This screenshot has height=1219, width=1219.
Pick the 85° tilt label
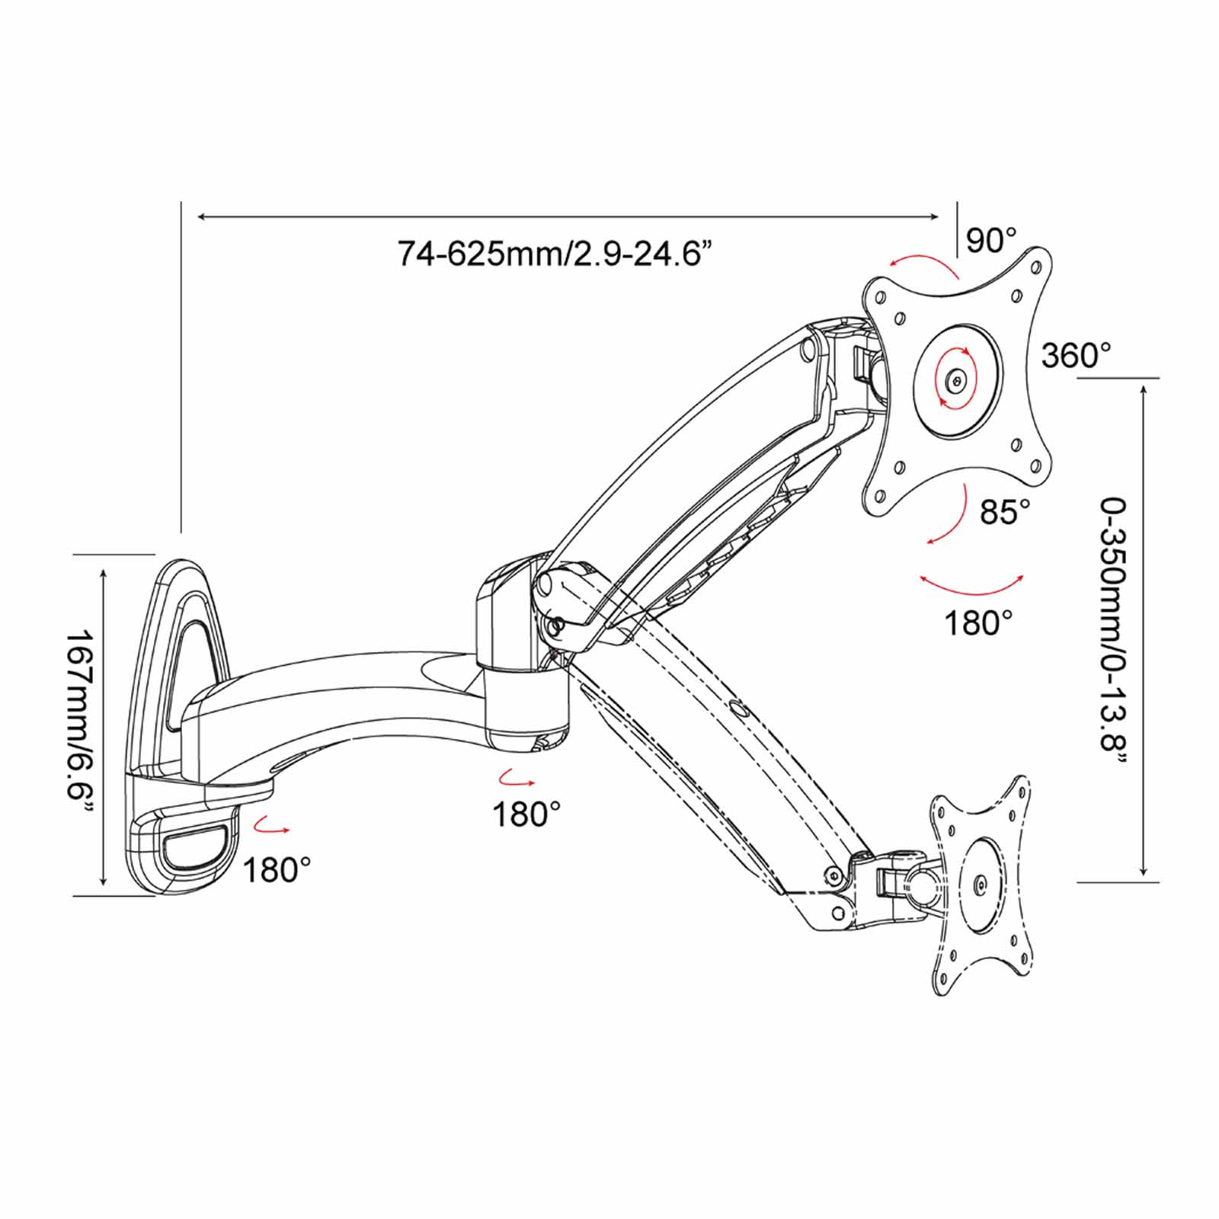pyautogui.click(x=1005, y=512)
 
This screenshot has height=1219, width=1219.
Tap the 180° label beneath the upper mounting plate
pyautogui.click(x=978, y=623)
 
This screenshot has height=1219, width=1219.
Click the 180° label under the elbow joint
pyautogui.click(x=526, y=814)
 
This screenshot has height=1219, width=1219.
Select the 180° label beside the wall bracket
pyautogui.click(x=277, y=869)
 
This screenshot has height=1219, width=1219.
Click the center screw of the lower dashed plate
pyautogui.click(x=980, y=884)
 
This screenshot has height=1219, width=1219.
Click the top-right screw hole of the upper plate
pyautogui.click(x=1036, y=267)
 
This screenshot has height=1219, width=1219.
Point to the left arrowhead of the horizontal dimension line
pyautogui.click(x=202, y=217)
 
